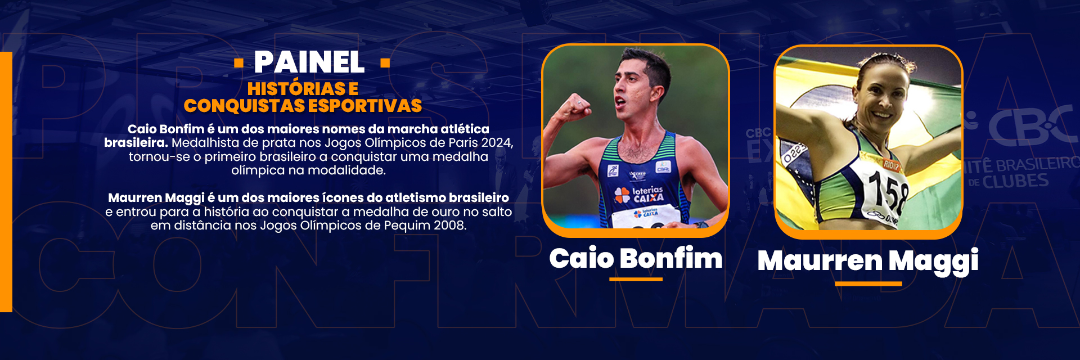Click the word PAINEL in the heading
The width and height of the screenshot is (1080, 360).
(x=309, y=62)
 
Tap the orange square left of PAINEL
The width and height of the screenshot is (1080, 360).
(x=238, y=62)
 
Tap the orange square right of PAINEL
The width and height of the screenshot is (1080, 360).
(x=385, y=62)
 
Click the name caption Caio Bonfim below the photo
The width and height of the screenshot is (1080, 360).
(x=636, y=258)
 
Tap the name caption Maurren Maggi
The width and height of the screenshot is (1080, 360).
(x=868, y=260)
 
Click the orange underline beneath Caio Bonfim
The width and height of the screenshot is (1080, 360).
(x=636, y=279)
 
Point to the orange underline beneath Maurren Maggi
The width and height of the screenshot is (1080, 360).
(x=868, y=283)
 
